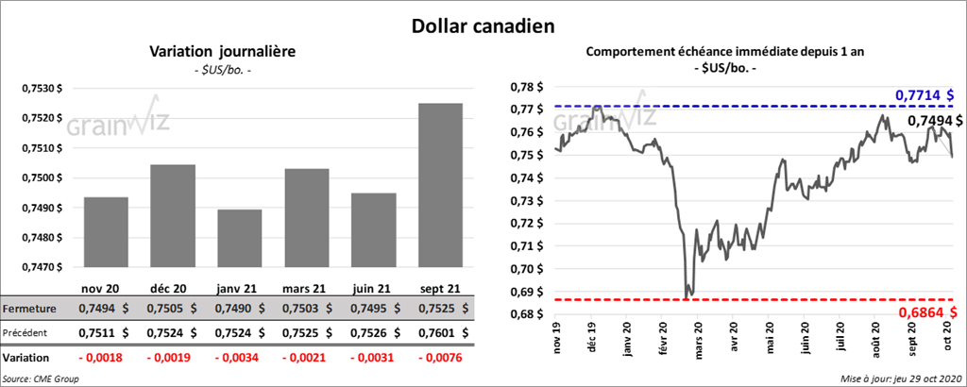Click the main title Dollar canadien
point(482,25)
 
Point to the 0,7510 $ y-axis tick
point(42,148)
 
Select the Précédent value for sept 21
point(439,332)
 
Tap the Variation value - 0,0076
point(439,358)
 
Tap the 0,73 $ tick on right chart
point(526,201)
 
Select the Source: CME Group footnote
point(41,378)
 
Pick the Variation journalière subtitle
point(222,52)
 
